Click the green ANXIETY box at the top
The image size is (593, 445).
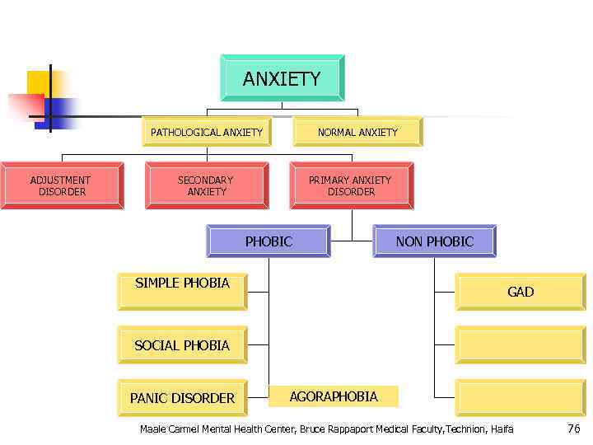pyautogui.click(x=282, y=78)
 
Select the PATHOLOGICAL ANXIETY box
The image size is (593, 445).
pyautogui.click(x=207, y=132)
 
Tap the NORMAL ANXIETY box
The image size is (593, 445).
pyautogui.click(x=357, y=132)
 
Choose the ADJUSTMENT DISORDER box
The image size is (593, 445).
pyautogui.click(x=61, y=185)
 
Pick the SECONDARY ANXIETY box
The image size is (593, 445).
pyautogui.click(x=206, y=185)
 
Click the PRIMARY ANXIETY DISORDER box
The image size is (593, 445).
pyautogui.click(x=351, y=185)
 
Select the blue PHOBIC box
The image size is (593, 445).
pyautogui.click(x=268, y=241)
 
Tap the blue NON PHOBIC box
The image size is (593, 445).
pyautogui.click(x=434, y=241)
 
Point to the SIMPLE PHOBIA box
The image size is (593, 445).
pyautogui.click(x=182, y=291)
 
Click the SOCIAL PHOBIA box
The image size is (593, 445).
pyautogui.click(x=182, y=345)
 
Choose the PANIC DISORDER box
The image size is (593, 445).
pyautogui.click(x=182, y=398)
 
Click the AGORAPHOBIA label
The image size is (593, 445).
pyautogui.click(x=334, y=396)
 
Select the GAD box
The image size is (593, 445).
pyautogui.click(x=521, y=292)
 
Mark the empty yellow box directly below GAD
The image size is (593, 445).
pyautogui.click(x=521, y=344)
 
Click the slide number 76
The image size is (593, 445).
pyautogui.click(x=573, y=429)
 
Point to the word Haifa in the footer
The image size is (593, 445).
pyautogui.click(x=502, y=429)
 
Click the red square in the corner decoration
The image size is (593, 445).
pyautogui.click(x=25, y=108)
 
